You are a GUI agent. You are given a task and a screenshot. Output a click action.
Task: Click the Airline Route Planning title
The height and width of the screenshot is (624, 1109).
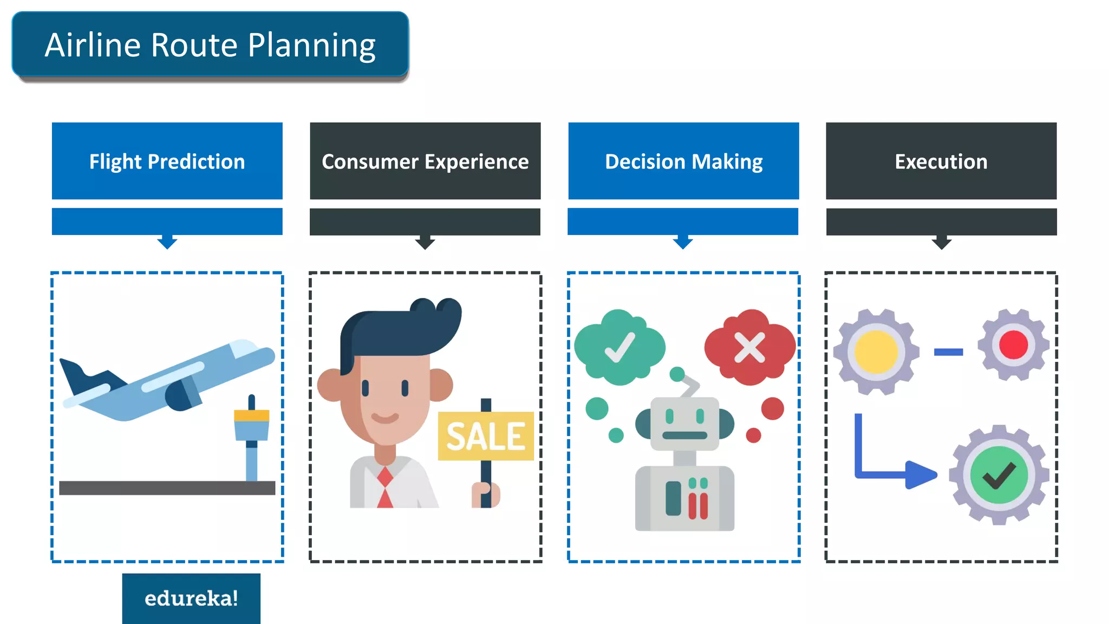coord(210,45)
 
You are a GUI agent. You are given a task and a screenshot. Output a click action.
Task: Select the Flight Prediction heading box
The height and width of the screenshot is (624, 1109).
coord(167,161)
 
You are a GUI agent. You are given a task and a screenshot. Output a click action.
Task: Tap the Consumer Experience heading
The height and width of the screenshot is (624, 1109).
coord(425,161)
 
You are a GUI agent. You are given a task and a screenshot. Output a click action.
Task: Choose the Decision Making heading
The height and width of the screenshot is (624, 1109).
coord(683,161)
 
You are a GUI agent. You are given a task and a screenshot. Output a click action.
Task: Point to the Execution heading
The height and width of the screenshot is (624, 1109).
coord(941,161)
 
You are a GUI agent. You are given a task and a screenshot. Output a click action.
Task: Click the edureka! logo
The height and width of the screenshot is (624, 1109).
coord(191,599)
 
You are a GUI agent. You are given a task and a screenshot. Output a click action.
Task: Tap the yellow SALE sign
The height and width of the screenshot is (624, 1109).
coord(486,436)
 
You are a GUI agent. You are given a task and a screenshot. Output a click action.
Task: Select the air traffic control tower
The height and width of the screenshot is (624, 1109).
coord(251,433)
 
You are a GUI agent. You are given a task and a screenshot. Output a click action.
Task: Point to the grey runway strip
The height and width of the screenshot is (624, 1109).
coord(167,488)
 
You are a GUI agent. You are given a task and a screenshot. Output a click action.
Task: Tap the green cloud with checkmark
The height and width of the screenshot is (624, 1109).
coord(619,347)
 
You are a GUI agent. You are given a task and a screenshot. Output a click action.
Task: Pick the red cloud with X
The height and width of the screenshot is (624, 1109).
coord(750,347)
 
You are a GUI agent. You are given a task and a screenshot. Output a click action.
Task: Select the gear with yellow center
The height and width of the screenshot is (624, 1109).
coord(876,352)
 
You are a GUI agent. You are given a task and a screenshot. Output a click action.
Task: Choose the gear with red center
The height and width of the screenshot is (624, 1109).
coord(1013,345)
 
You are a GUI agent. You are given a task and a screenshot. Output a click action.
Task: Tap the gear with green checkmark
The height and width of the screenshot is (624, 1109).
coord(999,475)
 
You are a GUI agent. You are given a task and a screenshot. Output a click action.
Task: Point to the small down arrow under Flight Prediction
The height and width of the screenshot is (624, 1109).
coord(167,242)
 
